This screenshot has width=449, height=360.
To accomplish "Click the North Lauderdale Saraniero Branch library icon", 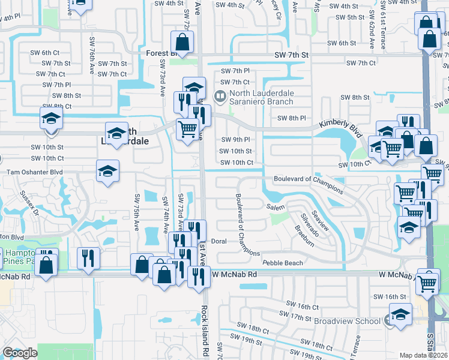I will tap(220, 95).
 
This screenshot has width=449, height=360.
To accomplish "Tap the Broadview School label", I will tap(348, 321).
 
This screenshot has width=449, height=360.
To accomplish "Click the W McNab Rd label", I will tap(234, 274).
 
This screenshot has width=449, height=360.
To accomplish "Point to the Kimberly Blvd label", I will tap(338, 123).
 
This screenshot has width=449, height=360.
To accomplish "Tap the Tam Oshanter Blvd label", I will tap(34, 172).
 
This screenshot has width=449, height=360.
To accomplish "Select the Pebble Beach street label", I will tap(282, 263).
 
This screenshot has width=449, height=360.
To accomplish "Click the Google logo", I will tap(19, 353).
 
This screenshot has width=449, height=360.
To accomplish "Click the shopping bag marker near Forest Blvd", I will tap(182, 43).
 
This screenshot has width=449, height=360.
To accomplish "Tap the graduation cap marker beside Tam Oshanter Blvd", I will tap(108, 170).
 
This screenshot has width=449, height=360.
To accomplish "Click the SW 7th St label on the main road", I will tap(291, 55).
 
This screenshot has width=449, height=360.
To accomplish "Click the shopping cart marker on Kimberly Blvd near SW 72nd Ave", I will tap(188, 128).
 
